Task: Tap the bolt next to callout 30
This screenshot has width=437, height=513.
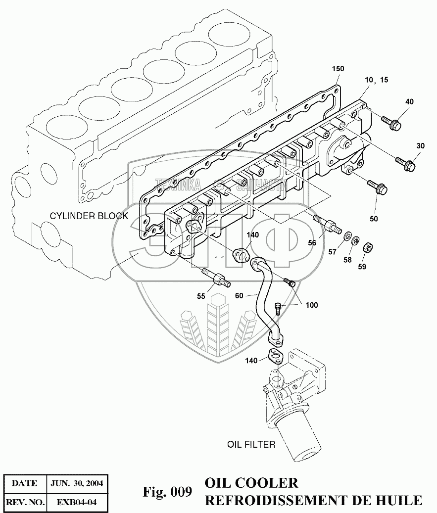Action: point(404,164)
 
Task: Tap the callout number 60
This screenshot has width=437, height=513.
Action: point(239,296)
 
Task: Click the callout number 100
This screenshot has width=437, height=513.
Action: point(312,305)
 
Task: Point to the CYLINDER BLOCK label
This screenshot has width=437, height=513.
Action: point(89,216)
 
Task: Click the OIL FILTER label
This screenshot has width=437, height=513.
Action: point(251,445)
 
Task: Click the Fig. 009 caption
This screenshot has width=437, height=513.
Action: point(167,492)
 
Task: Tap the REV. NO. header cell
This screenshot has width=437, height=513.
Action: point(25,503)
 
